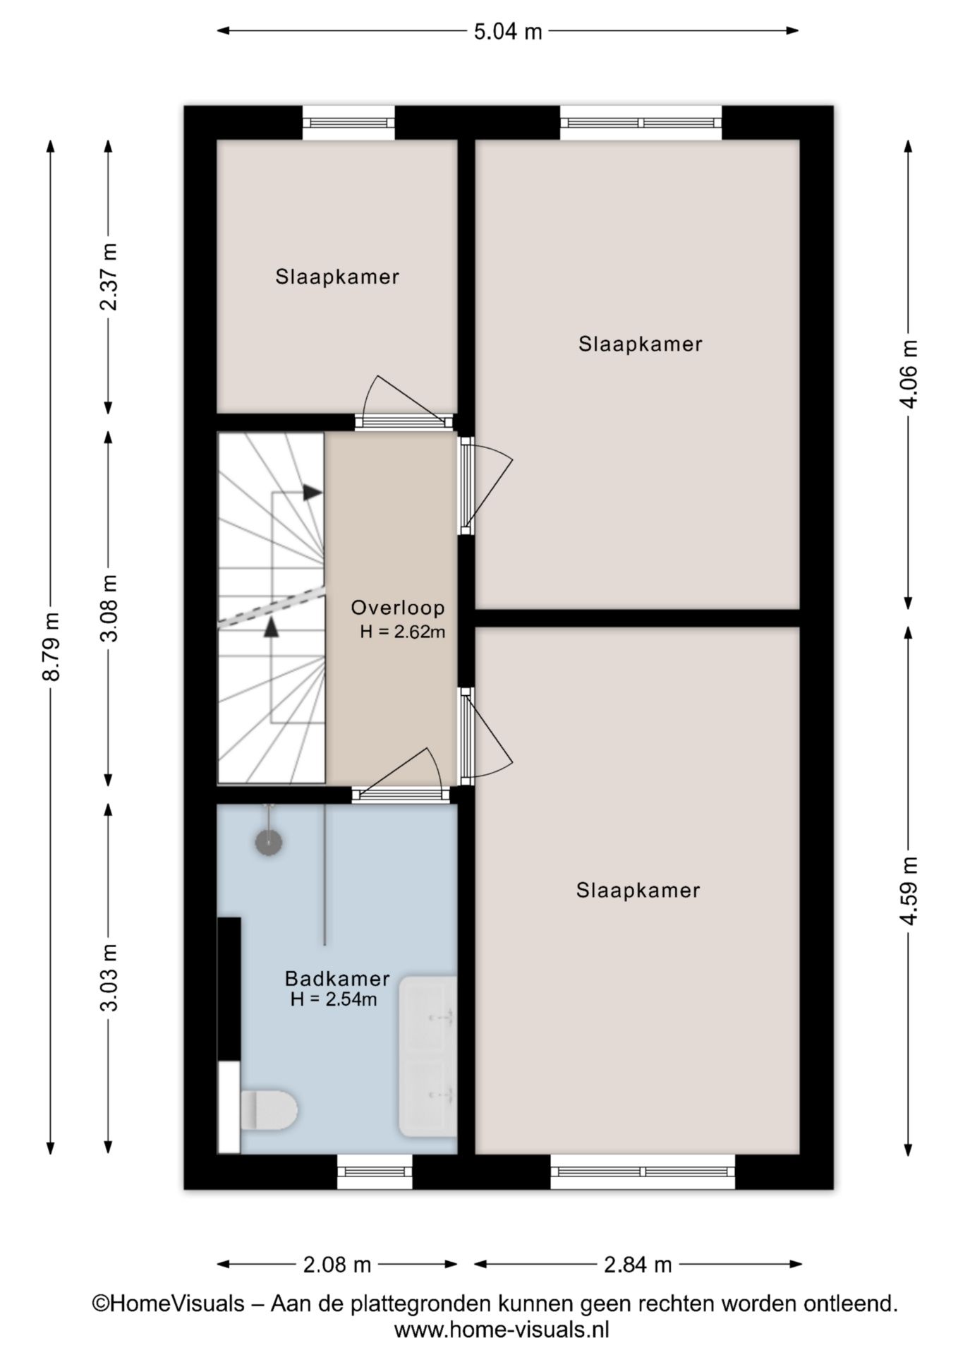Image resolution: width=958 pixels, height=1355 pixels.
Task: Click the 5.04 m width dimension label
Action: (x=507, y=31)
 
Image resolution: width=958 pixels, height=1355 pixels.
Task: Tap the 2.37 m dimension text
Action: (x=109, y=277)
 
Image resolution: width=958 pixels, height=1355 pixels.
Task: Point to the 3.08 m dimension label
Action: (x=109, y=607)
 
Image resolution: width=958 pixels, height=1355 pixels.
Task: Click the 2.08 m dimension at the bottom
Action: (x=336, y=1265)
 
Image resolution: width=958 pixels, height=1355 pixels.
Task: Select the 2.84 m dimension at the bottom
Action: (x=638, y=1265)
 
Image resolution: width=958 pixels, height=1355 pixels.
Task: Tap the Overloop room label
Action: (x=398, y=607)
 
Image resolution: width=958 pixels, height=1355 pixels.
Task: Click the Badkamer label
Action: (x=337, y=978)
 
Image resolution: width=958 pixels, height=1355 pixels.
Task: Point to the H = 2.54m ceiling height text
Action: (x=334, y=999)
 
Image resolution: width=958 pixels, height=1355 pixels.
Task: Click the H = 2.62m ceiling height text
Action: (x=402, y=632)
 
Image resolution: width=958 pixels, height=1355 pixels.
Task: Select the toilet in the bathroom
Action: (x=268, y=1109)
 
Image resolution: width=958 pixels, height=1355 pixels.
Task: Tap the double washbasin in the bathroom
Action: (x=428, y=1056)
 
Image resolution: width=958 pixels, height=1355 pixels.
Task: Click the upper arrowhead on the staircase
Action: (x=313, y=493)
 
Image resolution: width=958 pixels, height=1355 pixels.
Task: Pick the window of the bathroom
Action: (x=375, y=1172)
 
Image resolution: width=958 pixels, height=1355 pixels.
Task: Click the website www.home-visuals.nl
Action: (x=502, y=1330)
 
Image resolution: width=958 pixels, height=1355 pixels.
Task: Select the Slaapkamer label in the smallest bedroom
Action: (x=337, y=277)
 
